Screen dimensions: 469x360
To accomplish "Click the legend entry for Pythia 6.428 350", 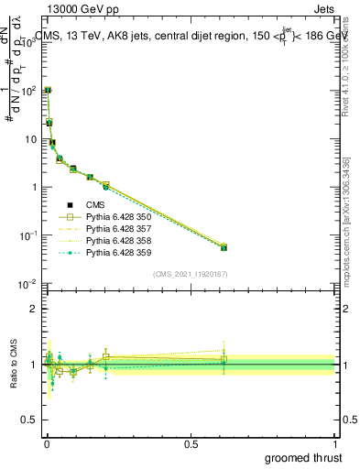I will [x=115, y=217].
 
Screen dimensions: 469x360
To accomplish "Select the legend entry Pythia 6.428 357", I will [x=115, y=229].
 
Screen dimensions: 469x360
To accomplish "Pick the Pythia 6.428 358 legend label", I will [x=115, y=240].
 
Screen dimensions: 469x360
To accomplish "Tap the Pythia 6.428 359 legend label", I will [x=115, y=252].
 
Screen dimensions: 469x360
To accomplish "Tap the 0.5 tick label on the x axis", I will [x=191, y=442].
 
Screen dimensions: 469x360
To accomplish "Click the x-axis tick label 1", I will [x=335, y=442].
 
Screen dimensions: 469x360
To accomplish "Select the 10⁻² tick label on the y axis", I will [x=27, y=284].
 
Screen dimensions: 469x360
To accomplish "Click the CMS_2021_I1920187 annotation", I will [x=191, y=274].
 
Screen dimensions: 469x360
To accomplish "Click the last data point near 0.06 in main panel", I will [x=224, y=247].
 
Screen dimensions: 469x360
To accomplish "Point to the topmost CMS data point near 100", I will [x=48, y=91].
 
